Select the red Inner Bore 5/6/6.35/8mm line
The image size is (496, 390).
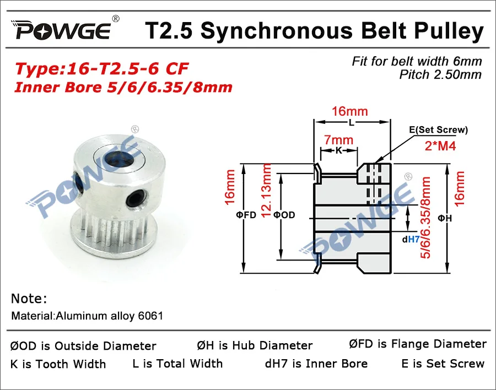click(123, 86)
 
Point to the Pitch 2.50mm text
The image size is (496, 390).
click(440, 74)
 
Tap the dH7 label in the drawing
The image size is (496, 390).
click(411, 239)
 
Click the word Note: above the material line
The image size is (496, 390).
click(29, 299)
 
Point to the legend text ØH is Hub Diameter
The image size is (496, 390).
click(255, 345)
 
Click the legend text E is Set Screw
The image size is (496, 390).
click(443, 363)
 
